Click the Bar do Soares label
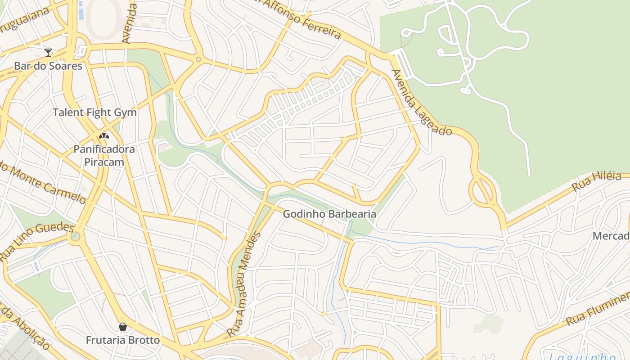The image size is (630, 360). pyautogui.click(x=48, y=66)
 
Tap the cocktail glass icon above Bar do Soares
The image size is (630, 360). pyautogui.click(x=48, y=53)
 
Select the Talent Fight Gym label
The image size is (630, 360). pyautogui.click(x=94, y=112)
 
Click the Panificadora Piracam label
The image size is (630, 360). pyautogui.click(x=104, y=155)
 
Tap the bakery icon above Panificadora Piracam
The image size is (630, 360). pyautogui.click(x=104, y=135)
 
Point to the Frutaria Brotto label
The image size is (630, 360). pyautogui.click(x=123, y=340)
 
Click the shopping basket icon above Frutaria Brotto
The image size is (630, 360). pyautogui.click(x=123, y=327)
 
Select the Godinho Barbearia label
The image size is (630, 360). pyautogui.click(x=329, y=214)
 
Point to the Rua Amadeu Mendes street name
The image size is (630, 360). pyautogui.click(x=243, y=284)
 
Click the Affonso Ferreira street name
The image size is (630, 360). pyautogui.click(x=299, y=18)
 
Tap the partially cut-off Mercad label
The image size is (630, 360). pyautogui.click(x=611, y=236)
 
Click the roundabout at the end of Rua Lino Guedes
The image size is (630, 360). pyautogui.click(x=76, y=236)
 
